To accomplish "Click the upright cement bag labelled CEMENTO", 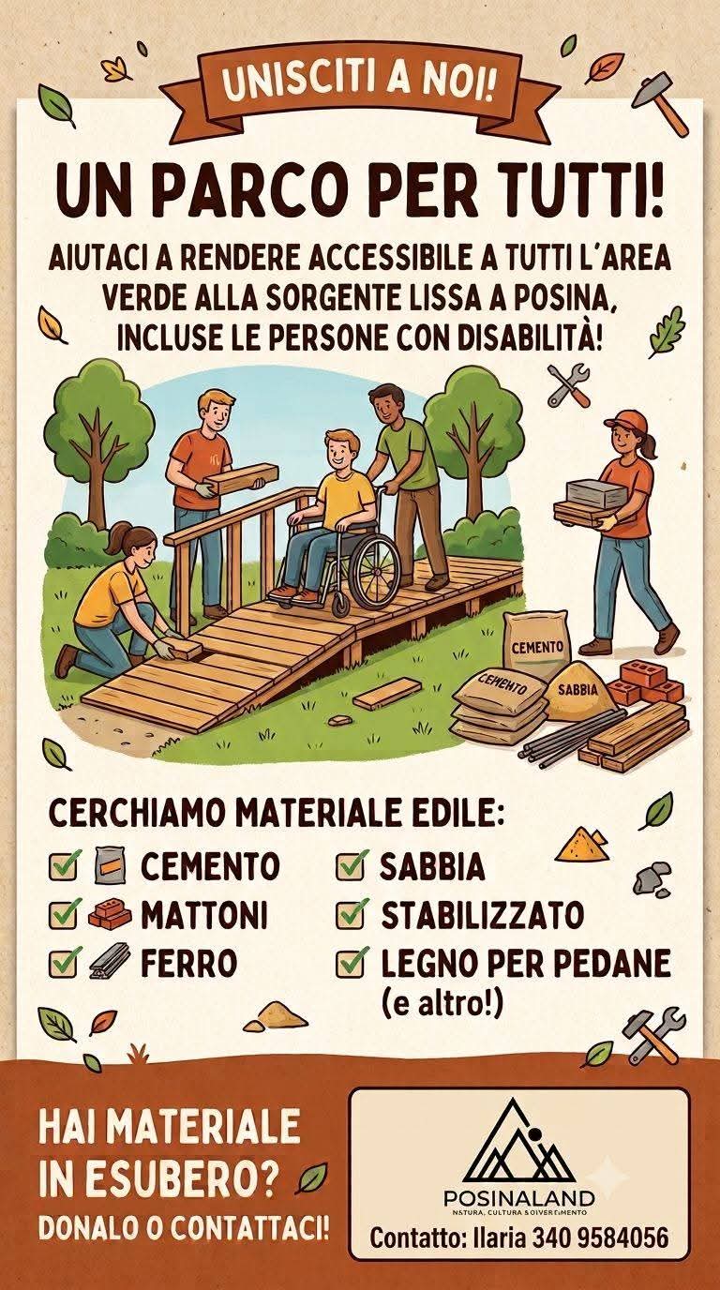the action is point(534,644).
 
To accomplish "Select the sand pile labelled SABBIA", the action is point(576,692).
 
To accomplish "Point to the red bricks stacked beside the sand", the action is point(646,682).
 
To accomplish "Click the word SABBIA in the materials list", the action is point(432,866).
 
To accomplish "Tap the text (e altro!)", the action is point(442,1004).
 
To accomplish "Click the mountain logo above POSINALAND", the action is point(518,1142).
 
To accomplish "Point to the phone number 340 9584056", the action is point(600,1237).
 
